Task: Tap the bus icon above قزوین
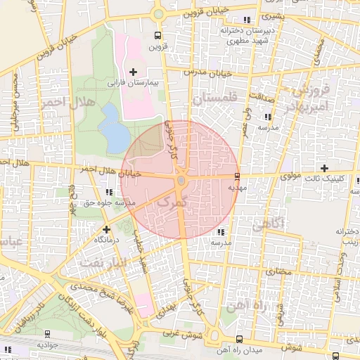(157, 35)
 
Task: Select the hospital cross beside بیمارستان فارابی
(133, 71)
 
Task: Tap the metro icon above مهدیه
(237, 176)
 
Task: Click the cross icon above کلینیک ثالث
(324, 167)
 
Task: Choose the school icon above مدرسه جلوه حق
(108, 191)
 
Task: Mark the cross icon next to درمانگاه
(106, 229)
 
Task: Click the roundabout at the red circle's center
(181, 182)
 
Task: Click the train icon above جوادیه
(46, 334)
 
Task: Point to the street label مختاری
(277, 270)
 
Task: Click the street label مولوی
(288, 176)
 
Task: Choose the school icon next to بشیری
(245, 19)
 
